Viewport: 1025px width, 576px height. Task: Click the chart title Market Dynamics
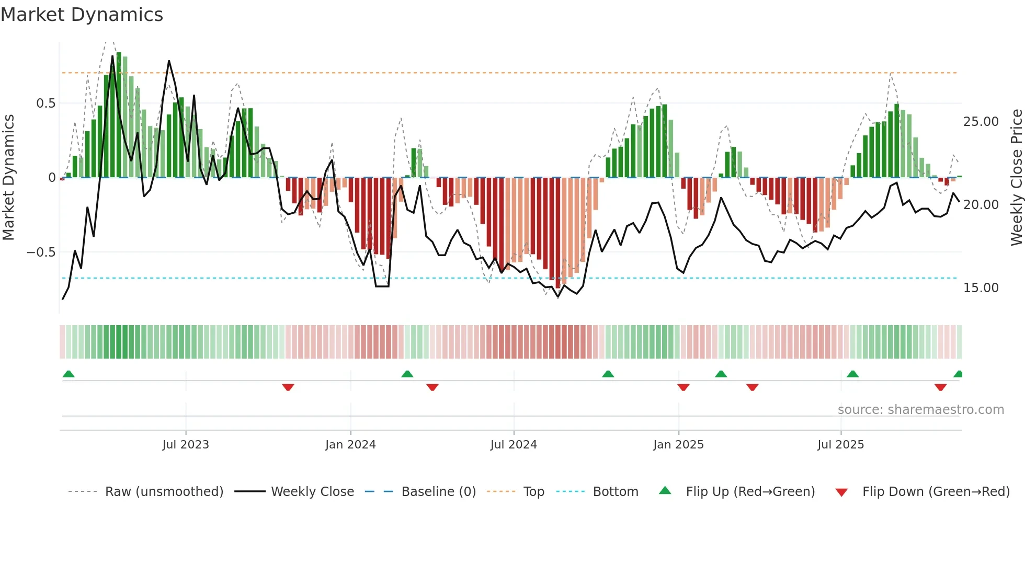tap(82, 15)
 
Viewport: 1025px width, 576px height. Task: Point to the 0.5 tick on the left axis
tap(45, 103)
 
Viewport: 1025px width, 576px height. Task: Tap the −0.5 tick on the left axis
tap(41, 252)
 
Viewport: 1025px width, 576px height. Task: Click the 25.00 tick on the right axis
tap(981, 122)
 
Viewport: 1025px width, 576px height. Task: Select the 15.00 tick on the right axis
tap(981, 288)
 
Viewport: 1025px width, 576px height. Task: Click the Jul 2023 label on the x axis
tap(185, 445)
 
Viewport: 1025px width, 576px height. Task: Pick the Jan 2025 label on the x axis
tap(678, 445)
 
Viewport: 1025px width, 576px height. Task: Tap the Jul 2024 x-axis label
tap(514, 445)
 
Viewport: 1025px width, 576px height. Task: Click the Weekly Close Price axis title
tap(1016, 178)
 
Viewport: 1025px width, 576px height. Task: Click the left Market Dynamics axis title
tap(8, 178)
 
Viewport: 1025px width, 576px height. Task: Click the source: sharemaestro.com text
tap(920, 410)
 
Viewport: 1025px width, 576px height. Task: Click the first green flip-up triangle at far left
tap(69, 374)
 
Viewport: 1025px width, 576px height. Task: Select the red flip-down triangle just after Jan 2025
tap(683, 387)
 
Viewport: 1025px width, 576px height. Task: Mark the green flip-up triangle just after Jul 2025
tap(852, 374)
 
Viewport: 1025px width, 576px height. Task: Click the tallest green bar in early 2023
tap(119, 115)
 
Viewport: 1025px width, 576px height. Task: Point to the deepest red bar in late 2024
tap(558, 233)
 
